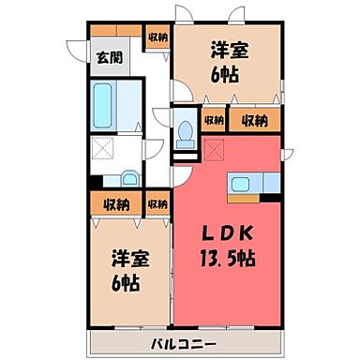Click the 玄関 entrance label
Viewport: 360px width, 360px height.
pyautogui.click(x=109, y=57)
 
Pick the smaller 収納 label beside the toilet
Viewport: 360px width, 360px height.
pyautogui.click(x=214, y=120)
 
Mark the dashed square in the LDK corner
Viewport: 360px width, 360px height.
pyautogui.click(x=216, y=148)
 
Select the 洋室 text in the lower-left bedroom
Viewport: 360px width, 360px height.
pyautogui.click(x=129, y=257)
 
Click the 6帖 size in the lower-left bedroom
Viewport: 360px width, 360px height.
pyautogui.click(x=129, y=280)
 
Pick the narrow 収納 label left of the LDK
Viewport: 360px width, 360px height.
pyautogui.click(x=157, y=203)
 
